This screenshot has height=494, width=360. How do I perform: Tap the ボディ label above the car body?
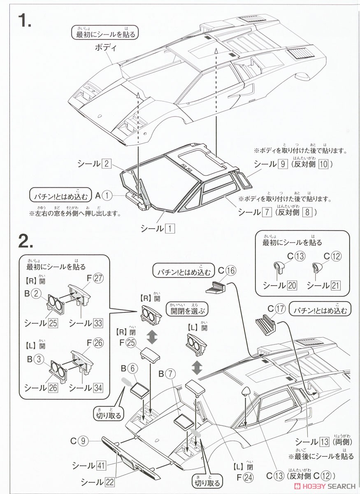[106, 47]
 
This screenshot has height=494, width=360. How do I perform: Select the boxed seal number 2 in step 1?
[106, 163]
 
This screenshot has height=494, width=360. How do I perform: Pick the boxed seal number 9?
[282, 164]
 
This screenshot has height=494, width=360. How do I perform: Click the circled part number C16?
[231, 270]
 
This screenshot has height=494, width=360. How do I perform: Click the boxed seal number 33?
[98, 323]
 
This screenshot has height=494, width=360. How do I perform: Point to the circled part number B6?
[131, 368]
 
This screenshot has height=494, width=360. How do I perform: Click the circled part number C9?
[83, 441]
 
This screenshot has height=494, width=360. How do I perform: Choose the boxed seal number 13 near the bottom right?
[324, 442]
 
